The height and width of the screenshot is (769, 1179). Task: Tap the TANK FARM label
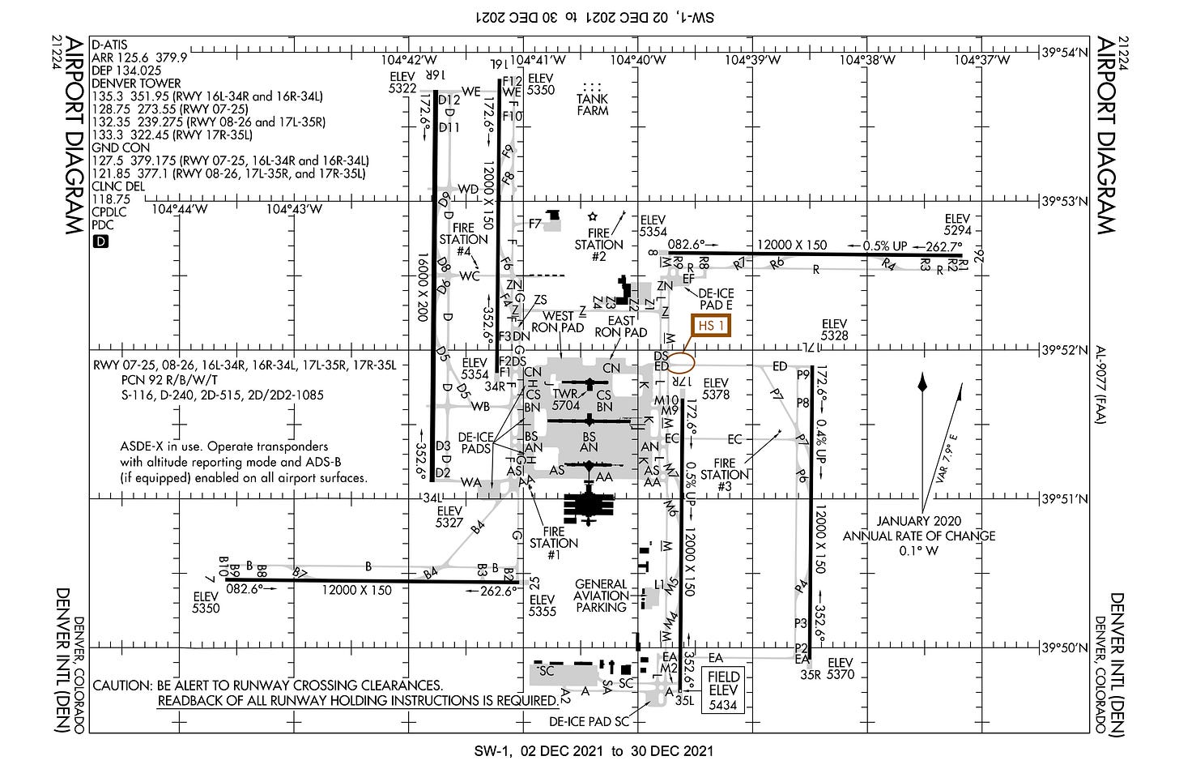(592, 105)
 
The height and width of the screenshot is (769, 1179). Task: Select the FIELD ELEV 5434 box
(723, 690)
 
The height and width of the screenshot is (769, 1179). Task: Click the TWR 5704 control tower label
(566, 399)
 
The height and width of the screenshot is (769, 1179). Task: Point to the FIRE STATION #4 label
(463, 240)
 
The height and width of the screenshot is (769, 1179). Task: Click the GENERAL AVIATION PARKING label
(601, 596)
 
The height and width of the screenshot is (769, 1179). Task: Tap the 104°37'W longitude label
(981, 60)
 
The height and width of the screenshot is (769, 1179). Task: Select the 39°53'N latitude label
(1066, 201)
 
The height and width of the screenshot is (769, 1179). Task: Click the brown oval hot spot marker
(683, 360)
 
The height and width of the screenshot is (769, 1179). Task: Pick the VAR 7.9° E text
(947, 459)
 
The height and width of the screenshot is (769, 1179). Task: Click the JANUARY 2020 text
(919, 521)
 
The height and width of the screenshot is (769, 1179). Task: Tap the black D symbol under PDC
(100, 241)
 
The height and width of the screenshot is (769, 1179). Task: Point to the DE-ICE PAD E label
(715, 299)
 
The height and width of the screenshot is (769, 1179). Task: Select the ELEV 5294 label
(956, 224)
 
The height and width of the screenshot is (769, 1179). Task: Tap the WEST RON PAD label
(558, 322)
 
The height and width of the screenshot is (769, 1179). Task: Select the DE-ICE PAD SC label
(589, 721)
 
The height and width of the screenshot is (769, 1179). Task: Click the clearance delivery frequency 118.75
(111, 199)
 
